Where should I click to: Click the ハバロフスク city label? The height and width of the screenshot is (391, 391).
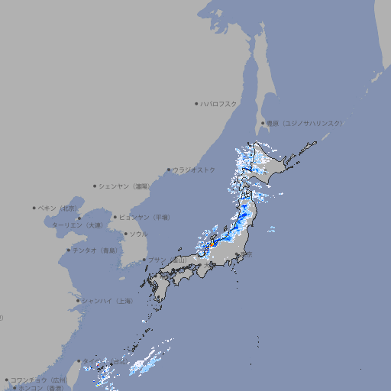click(x=219, y=103)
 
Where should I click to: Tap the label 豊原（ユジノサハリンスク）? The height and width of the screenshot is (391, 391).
click(x=304, y=123)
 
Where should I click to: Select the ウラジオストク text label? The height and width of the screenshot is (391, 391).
click(x=194, y=170)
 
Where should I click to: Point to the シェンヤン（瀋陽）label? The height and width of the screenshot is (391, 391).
click(x=124, y=186)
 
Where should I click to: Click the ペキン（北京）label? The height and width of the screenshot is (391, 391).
click(x=58, y=208)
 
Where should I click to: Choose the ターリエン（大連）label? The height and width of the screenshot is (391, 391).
click(x=76, y=225)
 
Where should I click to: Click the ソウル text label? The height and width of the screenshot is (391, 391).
click(x=138, y=234)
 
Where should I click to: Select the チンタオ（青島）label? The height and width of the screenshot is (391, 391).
click(x=95, y=250)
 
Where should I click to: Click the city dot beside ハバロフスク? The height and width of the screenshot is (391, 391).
click(x=196, y=103)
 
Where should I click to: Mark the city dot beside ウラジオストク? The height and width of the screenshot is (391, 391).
click(x=169, y=170)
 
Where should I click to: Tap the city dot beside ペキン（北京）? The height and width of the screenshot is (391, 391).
click(x=34, y=208)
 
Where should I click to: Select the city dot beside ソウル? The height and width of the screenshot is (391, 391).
click(x=125, y=234)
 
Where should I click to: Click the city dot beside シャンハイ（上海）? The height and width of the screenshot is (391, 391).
click(x=78, y=301)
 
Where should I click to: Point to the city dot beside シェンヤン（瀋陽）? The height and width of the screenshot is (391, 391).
click(x=95, y=186)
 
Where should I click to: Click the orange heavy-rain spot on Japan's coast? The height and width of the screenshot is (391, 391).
click(x=212, y=244)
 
